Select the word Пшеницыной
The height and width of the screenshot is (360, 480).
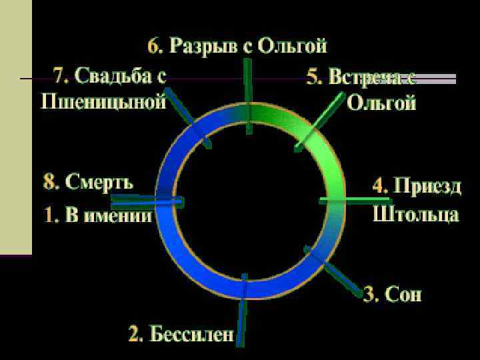104,102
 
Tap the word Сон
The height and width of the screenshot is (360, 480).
403,294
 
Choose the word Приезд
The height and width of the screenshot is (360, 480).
427,186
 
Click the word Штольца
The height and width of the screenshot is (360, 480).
416,215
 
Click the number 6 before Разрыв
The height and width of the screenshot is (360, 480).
154,46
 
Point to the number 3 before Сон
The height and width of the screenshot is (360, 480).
369,294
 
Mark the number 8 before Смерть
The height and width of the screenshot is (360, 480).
49,181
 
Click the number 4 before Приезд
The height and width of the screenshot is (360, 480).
379,186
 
